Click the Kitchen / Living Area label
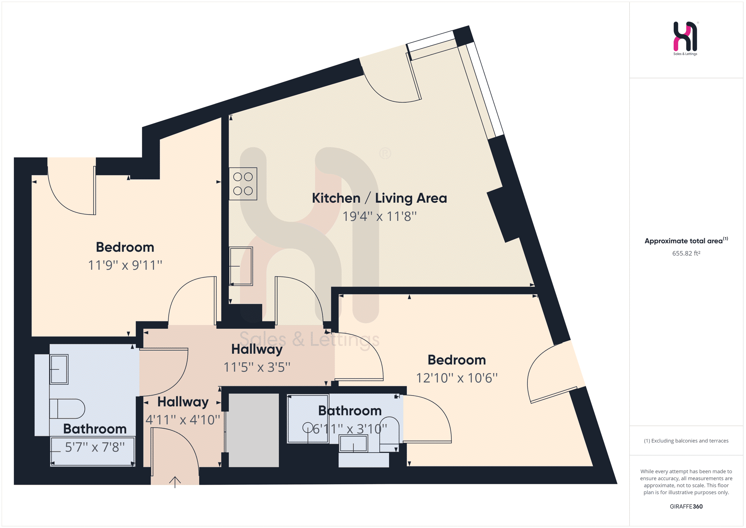pos(379,198)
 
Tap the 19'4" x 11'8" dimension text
pos(379,216)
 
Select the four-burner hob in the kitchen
pos(243,184)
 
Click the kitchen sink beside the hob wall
pos(241,266)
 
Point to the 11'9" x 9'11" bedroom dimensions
pos(125,265)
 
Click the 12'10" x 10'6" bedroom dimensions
pos(457,378)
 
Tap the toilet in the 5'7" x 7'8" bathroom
pos(67,409)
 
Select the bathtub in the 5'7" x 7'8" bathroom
pos(93,452)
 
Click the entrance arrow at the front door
pos(175,482)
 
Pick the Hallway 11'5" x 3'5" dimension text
pos(257,367)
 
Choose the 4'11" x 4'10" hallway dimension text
pos(183,420)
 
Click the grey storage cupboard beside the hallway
pos(254,430)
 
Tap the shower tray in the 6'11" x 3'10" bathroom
pos(308,419)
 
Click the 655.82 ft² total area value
pos(686,253)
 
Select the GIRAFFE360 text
pos(686,506)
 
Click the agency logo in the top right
pos(686,38)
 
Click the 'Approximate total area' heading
pos(684,241)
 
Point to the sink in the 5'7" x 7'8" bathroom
pos(59,369)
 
